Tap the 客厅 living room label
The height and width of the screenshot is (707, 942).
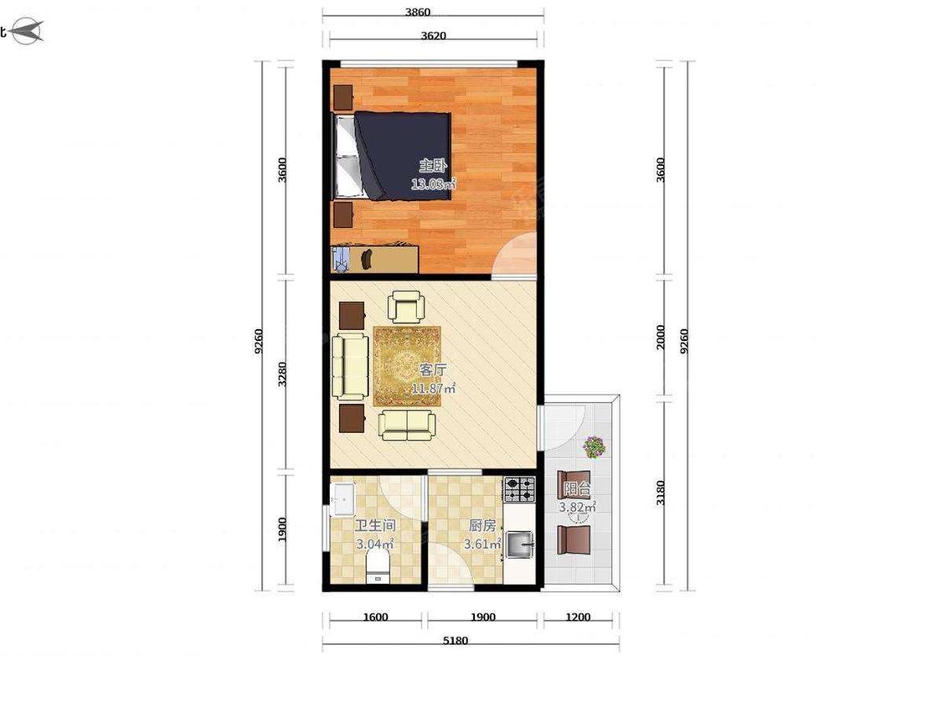(433, 369)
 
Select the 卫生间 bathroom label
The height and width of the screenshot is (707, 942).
(375, 526)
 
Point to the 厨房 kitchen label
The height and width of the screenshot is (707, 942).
(482, 526)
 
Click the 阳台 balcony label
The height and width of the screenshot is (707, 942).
(577, 488)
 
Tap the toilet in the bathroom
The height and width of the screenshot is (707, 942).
(378, 568)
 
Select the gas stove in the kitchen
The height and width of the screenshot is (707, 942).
(519, 488)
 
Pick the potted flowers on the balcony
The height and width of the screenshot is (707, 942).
(594, 446)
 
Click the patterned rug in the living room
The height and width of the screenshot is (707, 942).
(407, 366)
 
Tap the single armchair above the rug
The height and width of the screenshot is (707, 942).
(406, 306)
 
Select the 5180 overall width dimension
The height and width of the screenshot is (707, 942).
(456, 640)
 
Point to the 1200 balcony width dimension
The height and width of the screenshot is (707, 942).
(578, 617)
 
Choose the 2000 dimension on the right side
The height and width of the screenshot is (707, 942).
(661, 338)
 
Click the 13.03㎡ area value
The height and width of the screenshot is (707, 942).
(433, 184)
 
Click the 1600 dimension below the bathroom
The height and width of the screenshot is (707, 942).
(375, 617)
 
